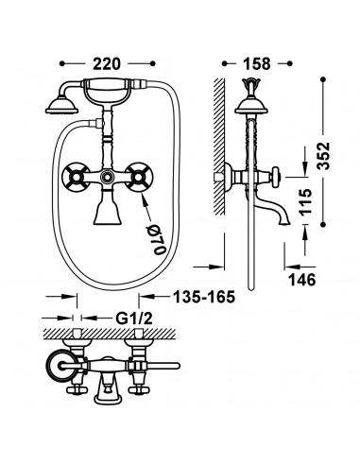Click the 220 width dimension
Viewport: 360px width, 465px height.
tap(107, 63)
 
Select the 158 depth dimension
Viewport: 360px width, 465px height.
tap(257, 63)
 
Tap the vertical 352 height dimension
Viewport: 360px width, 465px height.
tap(323, 156)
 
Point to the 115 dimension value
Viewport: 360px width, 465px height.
tap(305, 202)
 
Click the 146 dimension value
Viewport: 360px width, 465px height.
tap(302, 280)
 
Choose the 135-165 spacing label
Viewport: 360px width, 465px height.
tap(204, 297)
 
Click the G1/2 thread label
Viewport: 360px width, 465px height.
tap(134, 319)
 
